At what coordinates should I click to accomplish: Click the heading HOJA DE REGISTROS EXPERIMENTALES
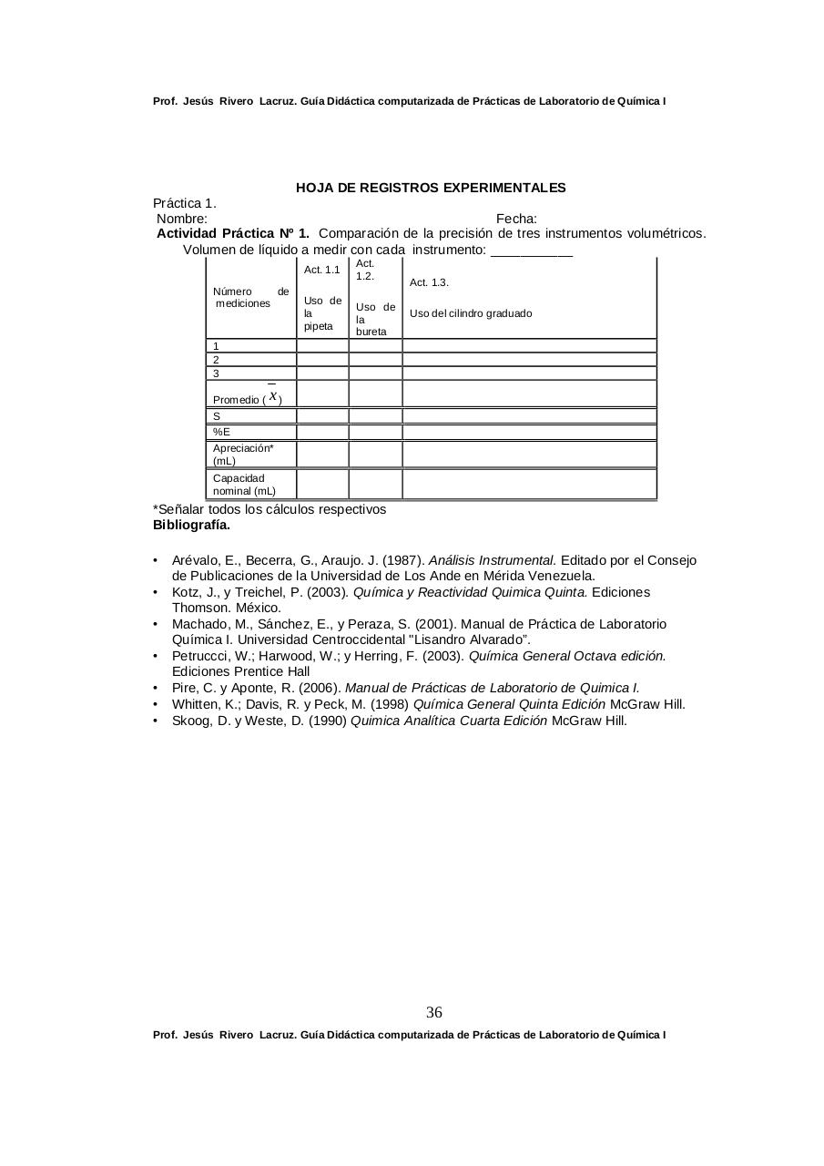(x=431, y=188)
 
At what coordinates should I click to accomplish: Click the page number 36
(x=434, y=1013)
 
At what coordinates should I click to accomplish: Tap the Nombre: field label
(x=182, y=219)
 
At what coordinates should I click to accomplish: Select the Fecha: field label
(x=516, y=219)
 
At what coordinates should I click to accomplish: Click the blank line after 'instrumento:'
(x=532, y=251)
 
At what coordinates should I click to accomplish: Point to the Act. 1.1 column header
(x=322, y=270)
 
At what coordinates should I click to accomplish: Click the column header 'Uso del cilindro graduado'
(x=471, y=313)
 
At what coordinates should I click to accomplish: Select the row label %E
(x=222, y=432)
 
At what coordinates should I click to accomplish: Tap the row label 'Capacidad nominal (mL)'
(x=244, y=485)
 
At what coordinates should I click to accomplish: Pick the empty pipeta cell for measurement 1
(x=322, y=346)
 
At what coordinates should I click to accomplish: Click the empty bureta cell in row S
(x=375, y=416)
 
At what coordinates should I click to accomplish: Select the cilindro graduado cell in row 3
(x=528, y=373)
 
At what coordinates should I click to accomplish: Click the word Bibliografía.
(x=191, y=525)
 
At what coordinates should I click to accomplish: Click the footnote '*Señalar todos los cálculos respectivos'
(x=270, y=509)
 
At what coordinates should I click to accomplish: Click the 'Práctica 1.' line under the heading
(x=185, y=203)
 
